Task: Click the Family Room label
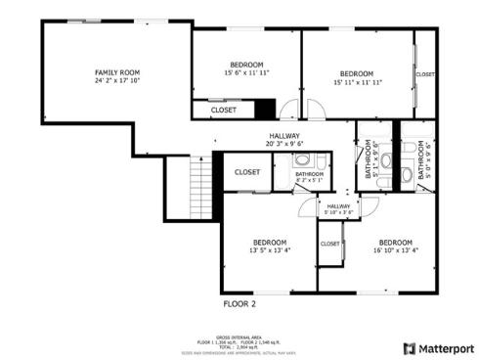[116, 72]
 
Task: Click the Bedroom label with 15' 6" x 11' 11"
[245, 65]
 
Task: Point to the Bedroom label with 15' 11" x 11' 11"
[356, 73]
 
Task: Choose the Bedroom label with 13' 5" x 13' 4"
[270, 242]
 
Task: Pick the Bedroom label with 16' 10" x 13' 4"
[396, 242]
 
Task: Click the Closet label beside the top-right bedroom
[425, 74]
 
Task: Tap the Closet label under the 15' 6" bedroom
[223, 111]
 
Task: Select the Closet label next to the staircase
[247, 172]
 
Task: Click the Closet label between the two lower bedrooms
[330, 244]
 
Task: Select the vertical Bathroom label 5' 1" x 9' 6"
[370, 159]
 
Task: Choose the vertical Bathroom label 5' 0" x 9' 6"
[422, 159]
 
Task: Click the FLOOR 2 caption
[239, 305]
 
